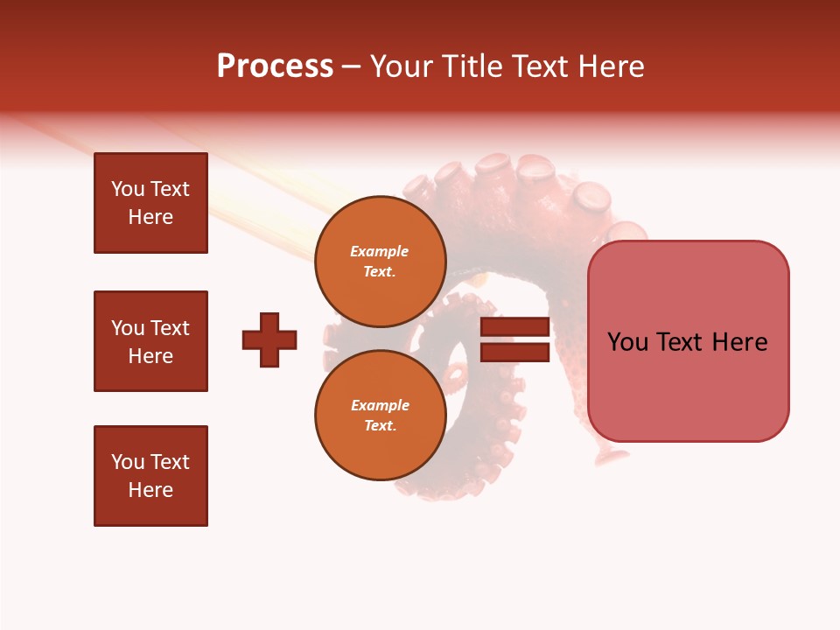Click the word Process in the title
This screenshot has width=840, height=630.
tap(275, 66)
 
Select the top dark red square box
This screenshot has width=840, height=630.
tap(150, 203)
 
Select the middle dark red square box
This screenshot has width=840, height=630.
tap(150, 341)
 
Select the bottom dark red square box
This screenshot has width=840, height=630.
tap(150, 476)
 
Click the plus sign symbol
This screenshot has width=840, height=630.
tap(269, 339)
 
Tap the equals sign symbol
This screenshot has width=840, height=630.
tap(514, 339)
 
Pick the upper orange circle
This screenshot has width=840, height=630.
tap(380, 262)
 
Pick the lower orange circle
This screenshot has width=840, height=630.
tap(380, 416)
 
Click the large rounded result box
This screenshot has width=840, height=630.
tap(688, 341)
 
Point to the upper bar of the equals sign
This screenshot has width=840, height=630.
tap(514, 327)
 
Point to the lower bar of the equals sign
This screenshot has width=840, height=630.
tap(514, 353)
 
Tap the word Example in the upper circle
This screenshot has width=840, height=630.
tap(380, 251)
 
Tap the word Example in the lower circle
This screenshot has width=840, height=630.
tap(380, 405)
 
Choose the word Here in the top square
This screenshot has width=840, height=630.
tap(150, 217)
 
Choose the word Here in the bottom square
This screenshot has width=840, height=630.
tap(150, 490)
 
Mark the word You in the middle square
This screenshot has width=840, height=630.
tap(126, 328)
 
